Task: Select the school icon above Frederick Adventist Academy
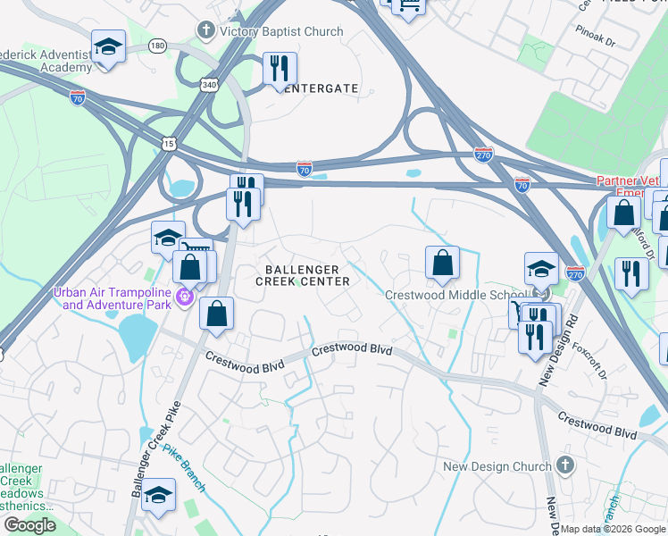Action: pyautogui.click(x=108, y=47)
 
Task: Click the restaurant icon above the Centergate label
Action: pyautogui.click(x=280, y=69)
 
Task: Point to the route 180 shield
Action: pyautogui.click(x=158, y=45)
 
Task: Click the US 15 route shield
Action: pyautogui.click(x=169, y=143)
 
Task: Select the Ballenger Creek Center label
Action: pyautogui.click(x=300, y=274)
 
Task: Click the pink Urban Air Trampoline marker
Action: pyautogui.click(x=186, y=297)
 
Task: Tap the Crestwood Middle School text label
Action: pyautogui.click(x=455, y=296)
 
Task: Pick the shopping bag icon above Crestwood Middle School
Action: pyautogui.click(x=442, y=264)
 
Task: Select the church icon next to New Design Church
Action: pyautogui.click(x=564, y=465)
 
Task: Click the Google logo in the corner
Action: pyautogui.click(x=29, y=525)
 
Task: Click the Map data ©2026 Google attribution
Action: pyautogui.click(x=613, y=529)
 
